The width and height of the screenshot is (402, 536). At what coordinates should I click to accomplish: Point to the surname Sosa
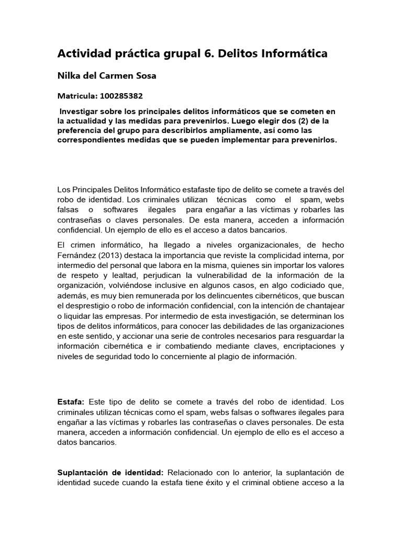coord(146,75)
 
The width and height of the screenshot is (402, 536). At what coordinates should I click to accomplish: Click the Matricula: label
coord(75,96)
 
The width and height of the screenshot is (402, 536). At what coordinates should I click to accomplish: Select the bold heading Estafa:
coord(71,401)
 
